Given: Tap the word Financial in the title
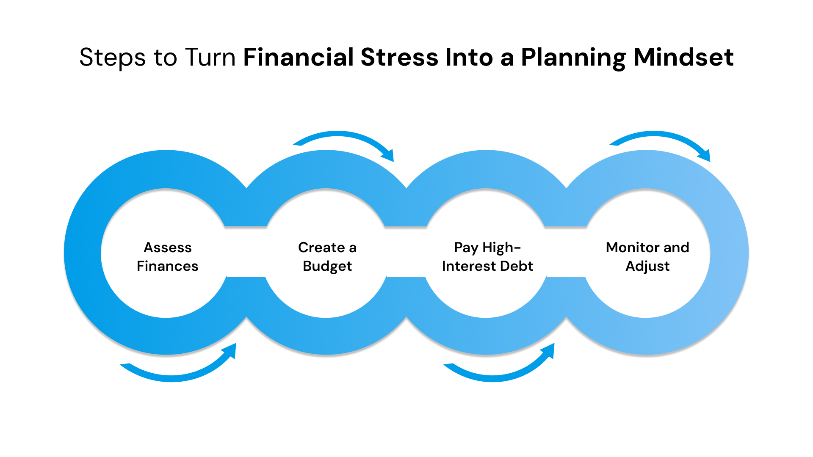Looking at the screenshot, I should tap(299, 58).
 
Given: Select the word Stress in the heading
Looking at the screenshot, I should tap(399, 58).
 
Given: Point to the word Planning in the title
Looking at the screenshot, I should tap(573, 58).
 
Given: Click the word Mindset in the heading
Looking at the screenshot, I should tap(683, 58).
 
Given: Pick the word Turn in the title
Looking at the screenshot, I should tap(210, 58).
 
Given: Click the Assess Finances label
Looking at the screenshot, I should tap(167, 256).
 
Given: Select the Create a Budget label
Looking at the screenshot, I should tap(327, 256).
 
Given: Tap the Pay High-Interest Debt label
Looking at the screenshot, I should tap(487, 256).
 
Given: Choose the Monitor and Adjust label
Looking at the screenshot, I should tap(647, 256).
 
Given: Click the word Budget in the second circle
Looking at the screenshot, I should tap(327, 266).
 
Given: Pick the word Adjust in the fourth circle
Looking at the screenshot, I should tap(647, 266).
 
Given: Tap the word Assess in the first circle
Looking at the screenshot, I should tap(168, 247).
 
